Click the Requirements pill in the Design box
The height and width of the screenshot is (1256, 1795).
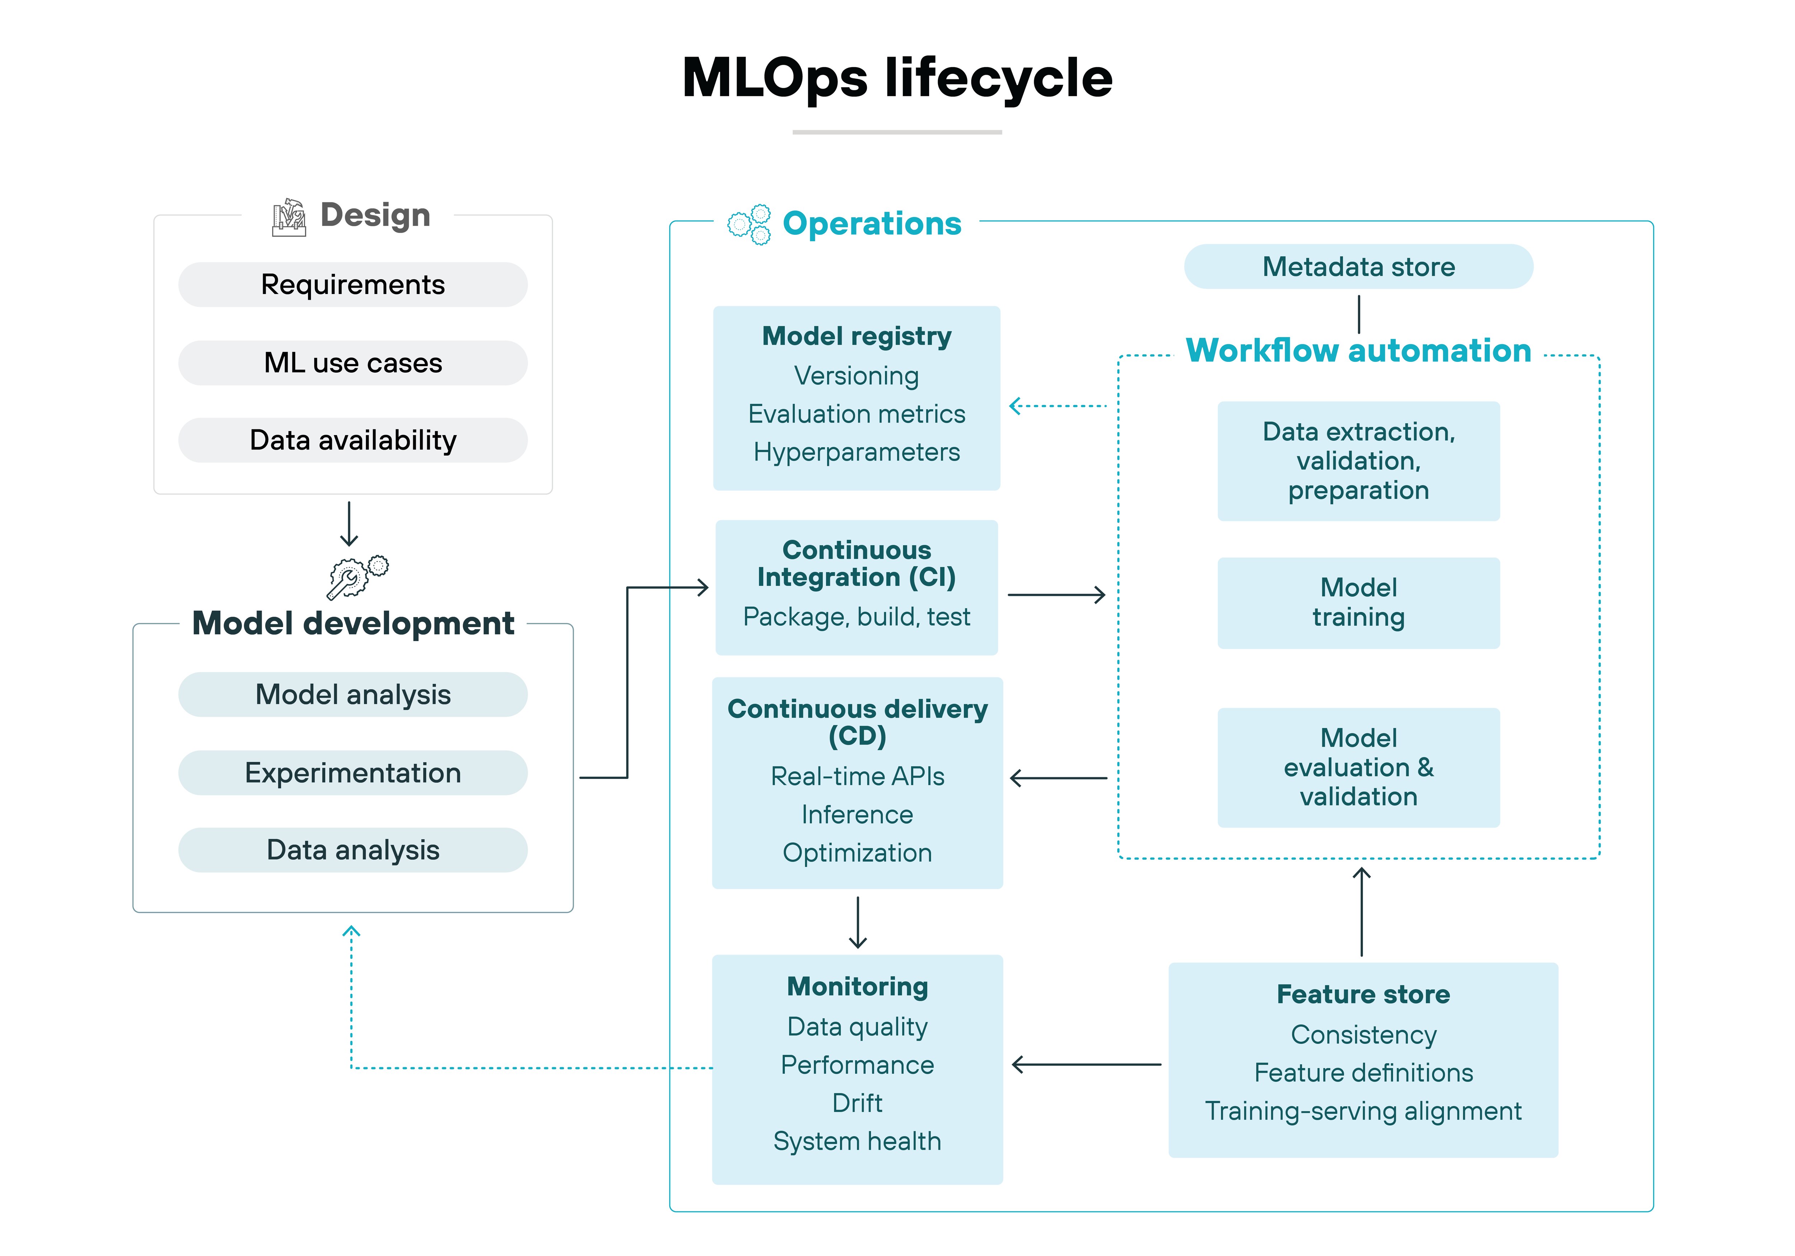pos(353,285)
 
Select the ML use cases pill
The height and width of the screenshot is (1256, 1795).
pos(353,363)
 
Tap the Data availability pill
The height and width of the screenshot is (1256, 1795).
pos(353,440)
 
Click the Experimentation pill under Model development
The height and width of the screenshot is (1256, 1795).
pos(353,773)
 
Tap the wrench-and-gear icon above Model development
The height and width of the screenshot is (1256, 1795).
pos(357,577)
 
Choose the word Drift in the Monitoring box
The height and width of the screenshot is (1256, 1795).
pos(857,1103)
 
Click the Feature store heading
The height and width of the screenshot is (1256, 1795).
pos(1363,994)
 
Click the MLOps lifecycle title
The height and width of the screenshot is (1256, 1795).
pos(897,78)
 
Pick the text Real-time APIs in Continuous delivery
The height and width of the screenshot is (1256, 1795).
pos(857,776)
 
